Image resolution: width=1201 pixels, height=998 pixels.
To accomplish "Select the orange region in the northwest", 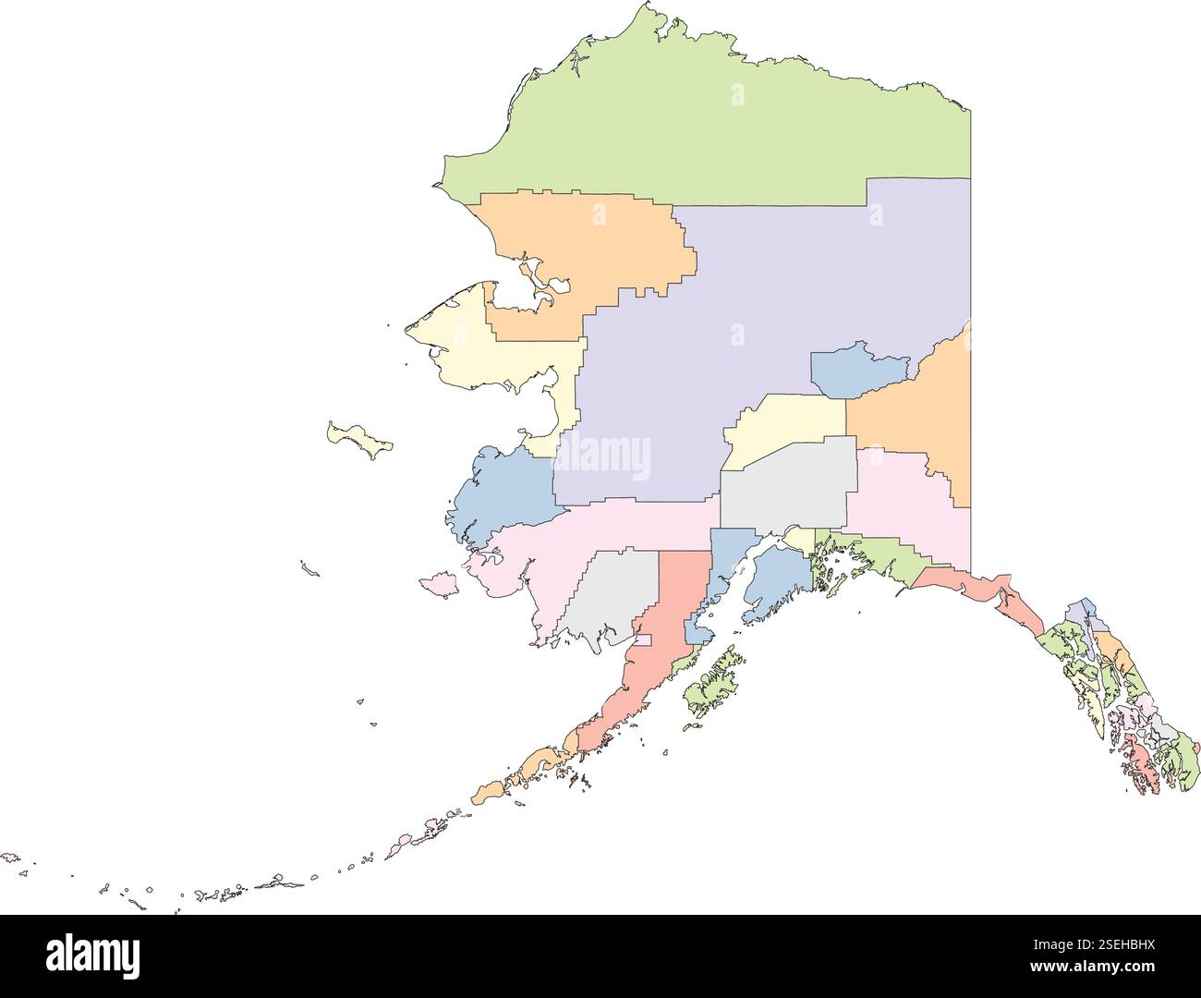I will (x=591, y=249).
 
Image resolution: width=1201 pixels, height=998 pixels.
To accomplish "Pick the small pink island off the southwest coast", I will (x=439, y=585).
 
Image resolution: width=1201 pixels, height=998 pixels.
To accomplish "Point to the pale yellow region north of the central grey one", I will (x=785, y=425).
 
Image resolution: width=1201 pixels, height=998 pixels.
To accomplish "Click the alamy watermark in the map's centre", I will (x=601, y=456).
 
